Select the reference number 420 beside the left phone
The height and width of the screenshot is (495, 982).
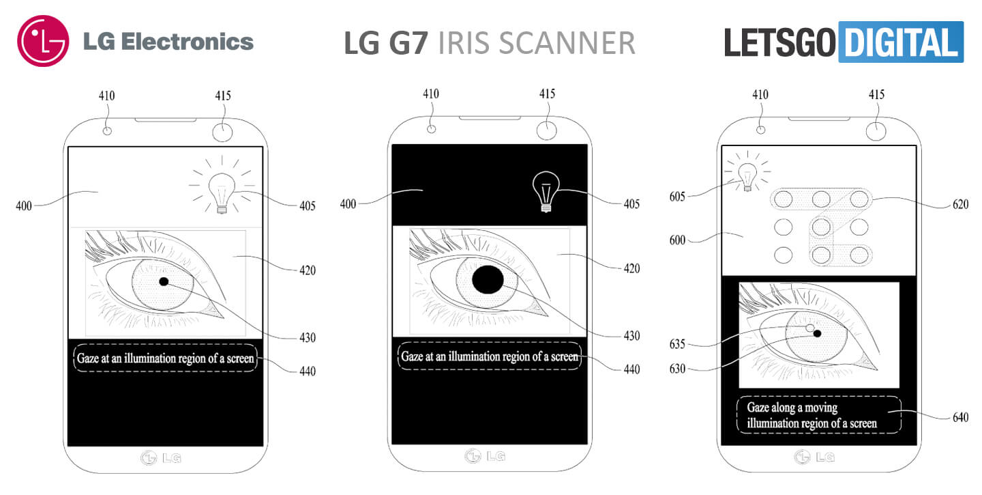click(x=307, y=270)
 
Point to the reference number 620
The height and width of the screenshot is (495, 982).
click(x=959, y=203)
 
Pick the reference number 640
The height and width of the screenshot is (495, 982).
click(x=959, y=416)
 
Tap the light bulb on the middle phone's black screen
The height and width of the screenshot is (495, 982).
click(x=546, y=190)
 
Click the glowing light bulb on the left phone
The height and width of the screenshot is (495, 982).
click(x=222, y=192)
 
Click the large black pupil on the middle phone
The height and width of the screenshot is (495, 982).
click(x=488, y=279)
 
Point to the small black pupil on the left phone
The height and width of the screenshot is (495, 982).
click(x=164, y=281)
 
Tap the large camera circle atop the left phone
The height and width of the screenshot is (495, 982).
click(x=222, y=131)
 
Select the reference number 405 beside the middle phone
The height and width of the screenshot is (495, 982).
click(x=631, y=203)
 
